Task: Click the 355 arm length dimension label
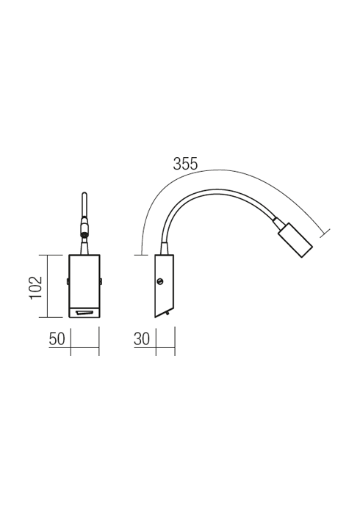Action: (185, 164)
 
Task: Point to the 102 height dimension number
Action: (36, 287)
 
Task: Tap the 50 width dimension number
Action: (57, 339)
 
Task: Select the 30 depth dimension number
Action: (142, 339)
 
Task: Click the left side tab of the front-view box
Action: (68, 281)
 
